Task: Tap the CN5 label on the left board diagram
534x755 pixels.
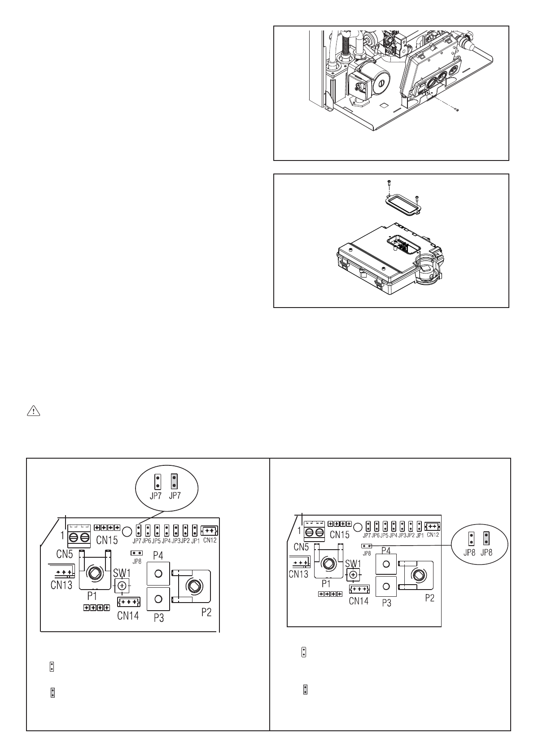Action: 65,554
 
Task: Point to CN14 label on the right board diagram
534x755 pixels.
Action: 359,600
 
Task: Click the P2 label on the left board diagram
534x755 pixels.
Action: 206,612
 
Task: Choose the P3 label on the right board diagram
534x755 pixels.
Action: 386,603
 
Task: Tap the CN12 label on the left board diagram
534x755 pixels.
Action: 210,540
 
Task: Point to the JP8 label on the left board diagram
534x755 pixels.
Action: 136,560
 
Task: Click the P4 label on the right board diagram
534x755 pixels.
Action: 385,550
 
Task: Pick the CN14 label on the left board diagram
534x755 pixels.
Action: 128,616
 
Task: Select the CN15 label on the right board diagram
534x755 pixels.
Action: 339,534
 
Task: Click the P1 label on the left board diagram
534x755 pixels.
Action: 92,596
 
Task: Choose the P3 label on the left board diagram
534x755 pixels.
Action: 158,618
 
